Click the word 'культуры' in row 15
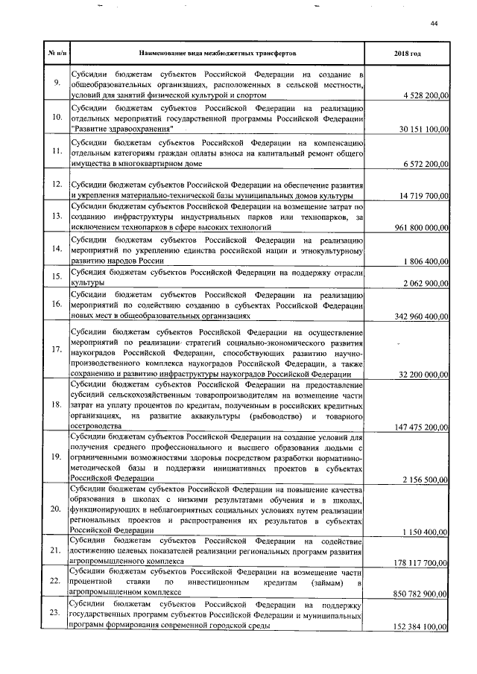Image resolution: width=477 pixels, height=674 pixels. pyautogui.click(x=87, y=284)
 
